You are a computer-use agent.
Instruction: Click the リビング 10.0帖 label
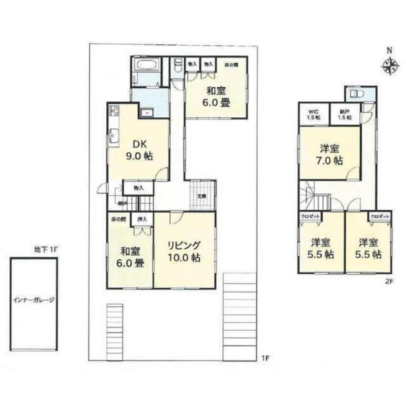pos(184,251)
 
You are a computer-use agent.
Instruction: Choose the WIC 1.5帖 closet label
pos(313,114)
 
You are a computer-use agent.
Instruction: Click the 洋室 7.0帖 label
pos(330,154)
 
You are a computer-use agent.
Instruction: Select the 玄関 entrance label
pos(202,196)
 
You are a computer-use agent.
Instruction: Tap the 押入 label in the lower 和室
pos(142,219)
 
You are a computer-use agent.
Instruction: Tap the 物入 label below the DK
pos(138,188)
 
